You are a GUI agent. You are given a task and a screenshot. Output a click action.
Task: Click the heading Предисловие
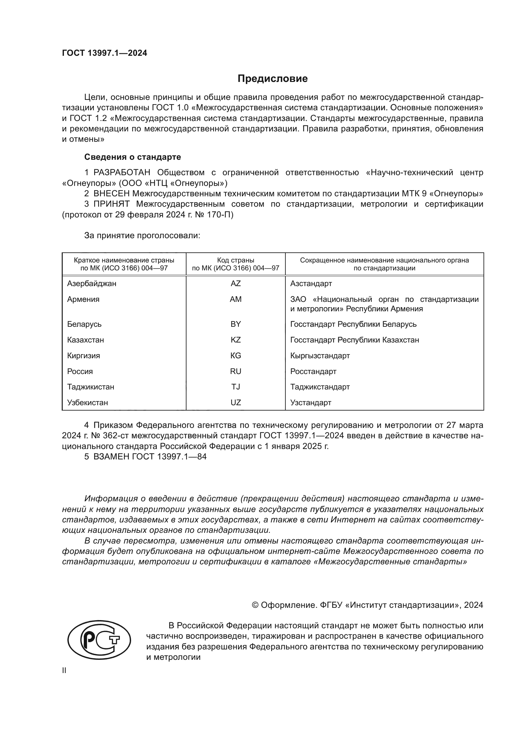272,79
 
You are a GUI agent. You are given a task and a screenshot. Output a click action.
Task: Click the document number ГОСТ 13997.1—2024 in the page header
105,53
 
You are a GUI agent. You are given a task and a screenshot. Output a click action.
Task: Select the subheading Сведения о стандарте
133,157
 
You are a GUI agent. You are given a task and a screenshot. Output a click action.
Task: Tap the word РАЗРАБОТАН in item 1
122,173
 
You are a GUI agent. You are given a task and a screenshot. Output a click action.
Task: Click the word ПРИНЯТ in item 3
111,204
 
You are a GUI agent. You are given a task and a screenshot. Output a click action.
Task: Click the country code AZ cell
236,284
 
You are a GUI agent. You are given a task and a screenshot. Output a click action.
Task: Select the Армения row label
83,299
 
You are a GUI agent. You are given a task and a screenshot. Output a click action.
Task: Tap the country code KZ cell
236,340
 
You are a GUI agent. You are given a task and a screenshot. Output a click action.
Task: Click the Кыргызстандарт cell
320,356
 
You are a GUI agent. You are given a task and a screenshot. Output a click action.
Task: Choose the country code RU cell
236,371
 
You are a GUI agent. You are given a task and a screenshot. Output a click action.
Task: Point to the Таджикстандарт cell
320,387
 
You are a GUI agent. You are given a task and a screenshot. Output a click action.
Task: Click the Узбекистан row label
88,402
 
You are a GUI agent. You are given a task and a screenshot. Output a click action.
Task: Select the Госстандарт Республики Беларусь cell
353,324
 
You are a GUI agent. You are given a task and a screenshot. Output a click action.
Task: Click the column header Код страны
236,260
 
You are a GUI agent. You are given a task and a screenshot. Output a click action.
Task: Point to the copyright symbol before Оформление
255,605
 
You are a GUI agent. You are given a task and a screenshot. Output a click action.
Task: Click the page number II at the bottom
64,671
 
